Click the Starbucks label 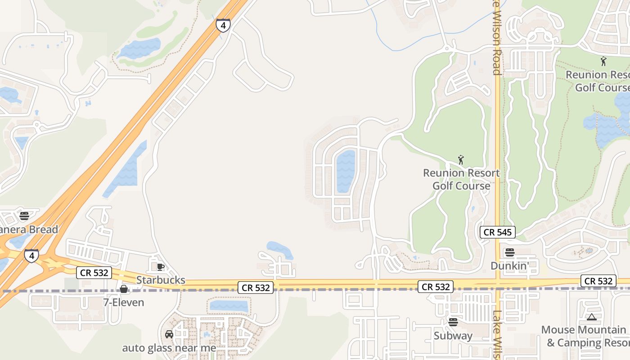click(x=161, y=280)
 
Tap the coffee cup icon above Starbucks click(x=160, y=267)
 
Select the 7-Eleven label click(x=124, y=302)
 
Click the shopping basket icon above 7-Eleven click(x=124, y=289)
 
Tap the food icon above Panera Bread click(x=24, y=216)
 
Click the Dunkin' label click(x=509, y=266)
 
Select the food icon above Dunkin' click(x=509, y=252)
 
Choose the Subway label click(x=453, y=336)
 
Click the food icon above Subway click(x=453, y=322)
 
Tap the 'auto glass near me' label click(x=169, y=348)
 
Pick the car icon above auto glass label click(x=169, y=334)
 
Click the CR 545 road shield click(x=498, y=232)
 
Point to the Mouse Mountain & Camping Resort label click(x=585, y=336)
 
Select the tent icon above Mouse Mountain click(x=591, y=317)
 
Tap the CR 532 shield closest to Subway click(x=435, y=286)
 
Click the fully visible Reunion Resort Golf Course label click(x=461, y=179)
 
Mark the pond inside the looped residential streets click(x=346, y=171)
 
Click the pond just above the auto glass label click(x=229, y=306)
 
